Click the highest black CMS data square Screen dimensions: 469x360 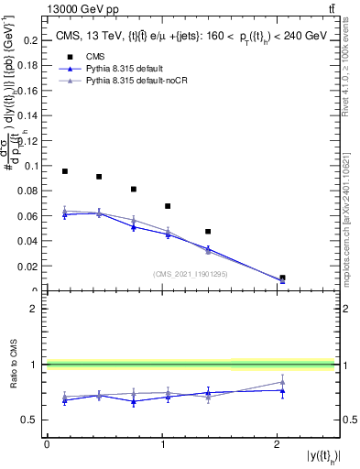click(65, 171)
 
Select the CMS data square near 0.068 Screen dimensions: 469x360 click(168, 206)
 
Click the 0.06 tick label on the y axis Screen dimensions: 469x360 click(31, 216)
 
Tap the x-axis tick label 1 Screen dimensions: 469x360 click(162, 444)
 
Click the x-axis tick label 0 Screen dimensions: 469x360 click(47, 444)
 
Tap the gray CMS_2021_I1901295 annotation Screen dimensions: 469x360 click(190, 274)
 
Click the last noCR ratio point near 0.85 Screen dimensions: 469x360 click(282, 382)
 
